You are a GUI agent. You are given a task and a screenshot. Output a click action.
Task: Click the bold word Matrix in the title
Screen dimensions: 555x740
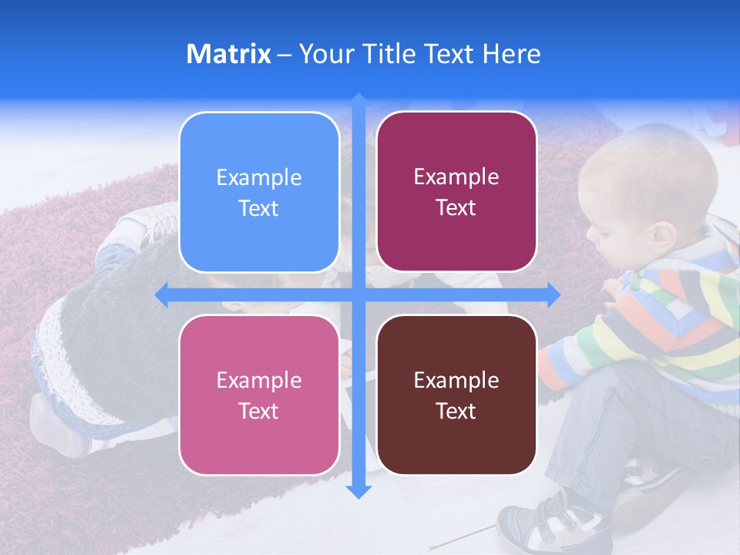click(x=228, y=54)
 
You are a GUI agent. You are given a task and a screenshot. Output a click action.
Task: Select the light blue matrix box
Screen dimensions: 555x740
click(x=259, y=193)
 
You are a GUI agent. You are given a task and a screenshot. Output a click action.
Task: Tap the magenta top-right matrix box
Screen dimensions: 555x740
click(x=456, y=192)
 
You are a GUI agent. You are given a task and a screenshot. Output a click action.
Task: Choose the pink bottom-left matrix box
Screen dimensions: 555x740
click(x=259, y=395)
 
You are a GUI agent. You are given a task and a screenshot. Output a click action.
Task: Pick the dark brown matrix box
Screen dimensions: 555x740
click(x=456, y=395)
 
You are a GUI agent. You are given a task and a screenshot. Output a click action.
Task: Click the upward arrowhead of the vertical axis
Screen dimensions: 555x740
click(x=358, y=99)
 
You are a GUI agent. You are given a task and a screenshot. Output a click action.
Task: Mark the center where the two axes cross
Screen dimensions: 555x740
click(x=358, y=294)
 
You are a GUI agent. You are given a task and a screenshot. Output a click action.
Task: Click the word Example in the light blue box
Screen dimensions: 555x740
click(x=259, y=178)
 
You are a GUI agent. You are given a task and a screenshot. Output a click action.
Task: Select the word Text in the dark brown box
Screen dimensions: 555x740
click(x=456, y=411)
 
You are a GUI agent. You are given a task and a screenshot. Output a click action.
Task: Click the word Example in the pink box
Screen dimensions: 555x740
click(x=259, y=380)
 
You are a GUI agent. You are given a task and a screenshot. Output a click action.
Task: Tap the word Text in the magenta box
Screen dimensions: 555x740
click(x=456, y=208)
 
